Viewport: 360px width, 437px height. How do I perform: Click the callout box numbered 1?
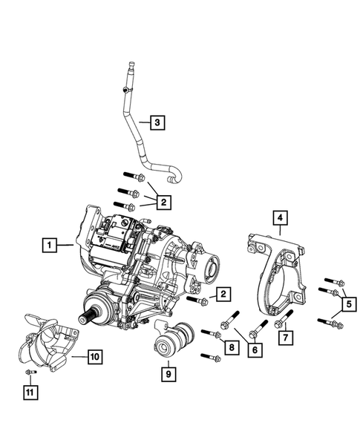(48, 243)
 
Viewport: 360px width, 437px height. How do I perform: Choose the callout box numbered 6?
(255, 349)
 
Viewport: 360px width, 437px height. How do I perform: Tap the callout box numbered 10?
(94, 356)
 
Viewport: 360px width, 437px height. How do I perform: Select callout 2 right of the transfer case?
(221, 296)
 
